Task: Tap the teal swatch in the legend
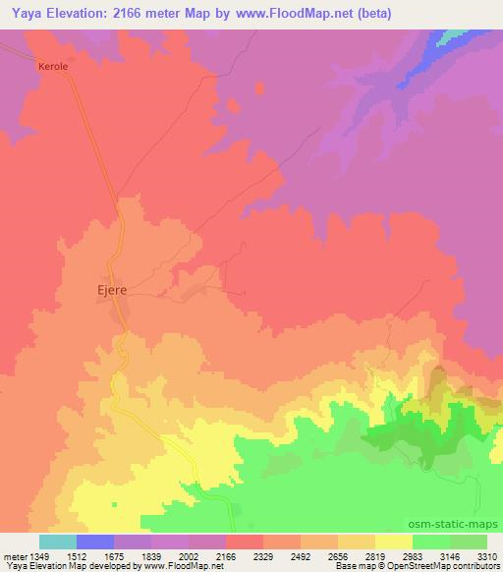[x=57, y=542]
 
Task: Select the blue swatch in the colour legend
[x=95, y=542]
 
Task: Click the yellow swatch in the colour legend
[x=394, y=542]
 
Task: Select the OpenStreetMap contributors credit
[x=432, y=567]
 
